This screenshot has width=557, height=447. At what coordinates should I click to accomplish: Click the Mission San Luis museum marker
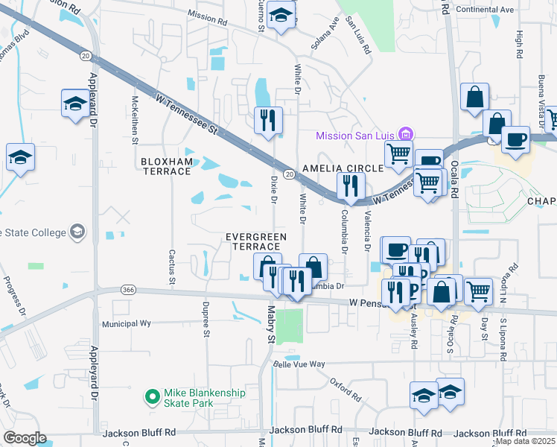tap(406, 135)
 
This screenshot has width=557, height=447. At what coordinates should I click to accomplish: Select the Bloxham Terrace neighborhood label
tap(166, 166)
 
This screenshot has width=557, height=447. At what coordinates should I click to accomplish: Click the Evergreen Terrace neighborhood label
tap(256, 241)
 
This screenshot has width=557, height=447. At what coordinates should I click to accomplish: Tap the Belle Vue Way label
tap(299, 364)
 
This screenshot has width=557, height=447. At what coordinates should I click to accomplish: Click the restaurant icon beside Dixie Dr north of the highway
tap(268, 120)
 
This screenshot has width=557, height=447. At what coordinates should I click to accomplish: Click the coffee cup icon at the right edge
tap(515, 139)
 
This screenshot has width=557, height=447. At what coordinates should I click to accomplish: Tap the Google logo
tap(25, 438)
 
